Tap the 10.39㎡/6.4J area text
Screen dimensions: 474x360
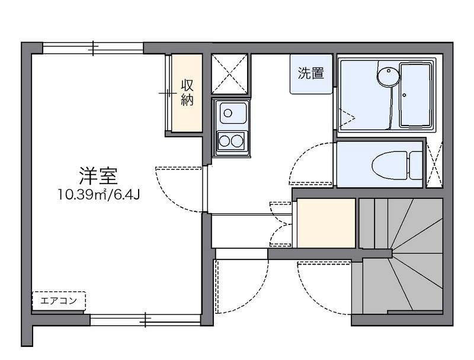click(98, 195)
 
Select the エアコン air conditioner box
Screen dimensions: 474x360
click(59, 301)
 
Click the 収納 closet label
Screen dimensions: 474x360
click(187, 92)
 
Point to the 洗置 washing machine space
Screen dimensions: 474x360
click(311, 74)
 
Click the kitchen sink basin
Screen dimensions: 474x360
click(233, 113)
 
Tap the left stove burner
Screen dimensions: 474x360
click(225, 141)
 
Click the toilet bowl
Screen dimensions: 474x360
click(389, 166)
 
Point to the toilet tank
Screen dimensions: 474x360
click(415, 166)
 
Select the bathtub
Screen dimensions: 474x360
click(415, 95)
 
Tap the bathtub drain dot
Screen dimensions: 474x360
click(404, 95)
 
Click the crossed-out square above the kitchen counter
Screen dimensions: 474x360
click(229, 74)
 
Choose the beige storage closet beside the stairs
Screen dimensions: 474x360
click(326, 223)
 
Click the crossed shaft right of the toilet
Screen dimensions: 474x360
click(434, 164)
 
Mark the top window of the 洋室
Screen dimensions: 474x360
click(93, 48)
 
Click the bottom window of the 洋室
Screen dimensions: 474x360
click(145, 320)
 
